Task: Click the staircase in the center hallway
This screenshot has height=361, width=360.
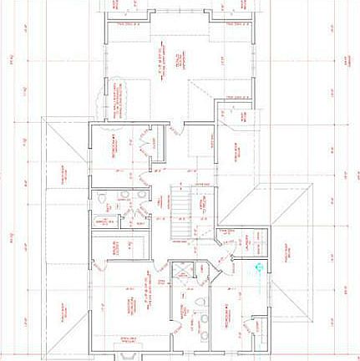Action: click(181, 214)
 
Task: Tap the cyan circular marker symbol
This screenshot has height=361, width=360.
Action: click(258, 268)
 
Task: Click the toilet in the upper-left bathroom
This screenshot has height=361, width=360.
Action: click(101, 200)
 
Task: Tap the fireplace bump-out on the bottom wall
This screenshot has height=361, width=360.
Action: click(128, 355)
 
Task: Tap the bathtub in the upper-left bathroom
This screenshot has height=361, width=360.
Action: click(104, 221)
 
